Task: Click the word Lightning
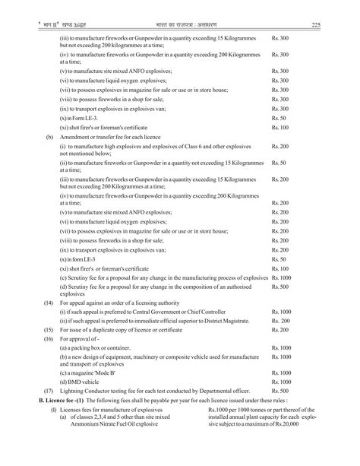[x=74, y=389]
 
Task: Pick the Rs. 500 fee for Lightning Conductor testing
[x=280, y=389]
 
